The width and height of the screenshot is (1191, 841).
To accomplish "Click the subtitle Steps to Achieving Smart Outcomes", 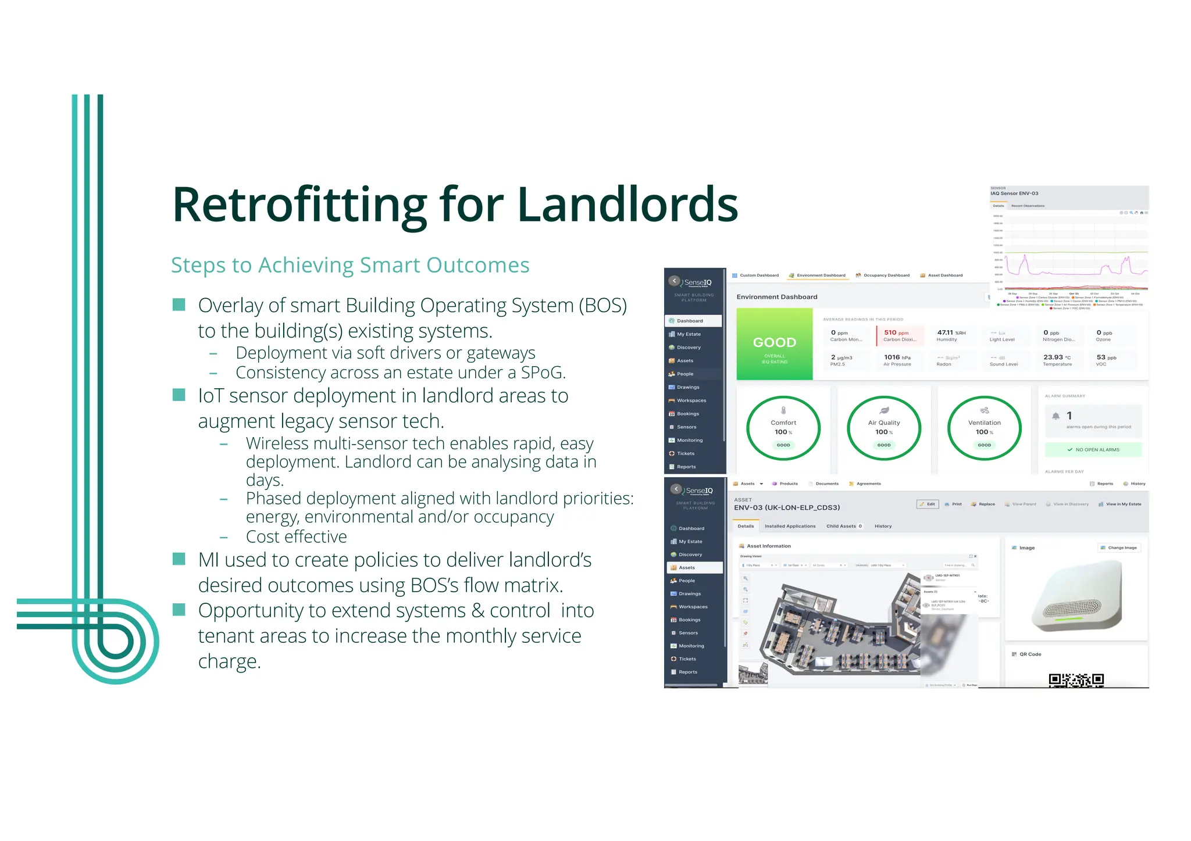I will pyautogui.click(x=350, y=265).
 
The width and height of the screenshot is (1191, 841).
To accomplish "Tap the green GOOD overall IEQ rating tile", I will pyautogui.click(x=774, y=344).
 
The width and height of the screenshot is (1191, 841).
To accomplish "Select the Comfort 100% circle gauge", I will pyautogui.click(x=783, y=428).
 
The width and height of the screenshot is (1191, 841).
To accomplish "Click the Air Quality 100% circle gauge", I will pyautogui.click(x=883, y=428).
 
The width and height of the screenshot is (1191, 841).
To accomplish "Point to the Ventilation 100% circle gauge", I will pyautogui.click(x=984, y=428).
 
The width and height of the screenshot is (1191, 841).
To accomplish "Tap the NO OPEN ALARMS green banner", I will pyautogui.click(x=1093, y=449).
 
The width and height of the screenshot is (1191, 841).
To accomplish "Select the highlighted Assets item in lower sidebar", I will pyautogui.click(x=694, y=567).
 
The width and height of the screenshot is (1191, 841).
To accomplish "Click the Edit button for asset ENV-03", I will pyautogui.click(x=928, y=504).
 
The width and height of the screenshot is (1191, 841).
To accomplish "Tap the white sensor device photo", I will pyautogui.click(x=1076, y=596).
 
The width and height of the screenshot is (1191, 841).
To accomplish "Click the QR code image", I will pyautogui.click(x=1076, y=680).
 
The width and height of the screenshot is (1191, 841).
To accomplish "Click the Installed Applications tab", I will pyautogui.click(x=790, y=526).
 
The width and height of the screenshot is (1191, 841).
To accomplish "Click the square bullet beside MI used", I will pyautogui.click(x=179, y=559).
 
